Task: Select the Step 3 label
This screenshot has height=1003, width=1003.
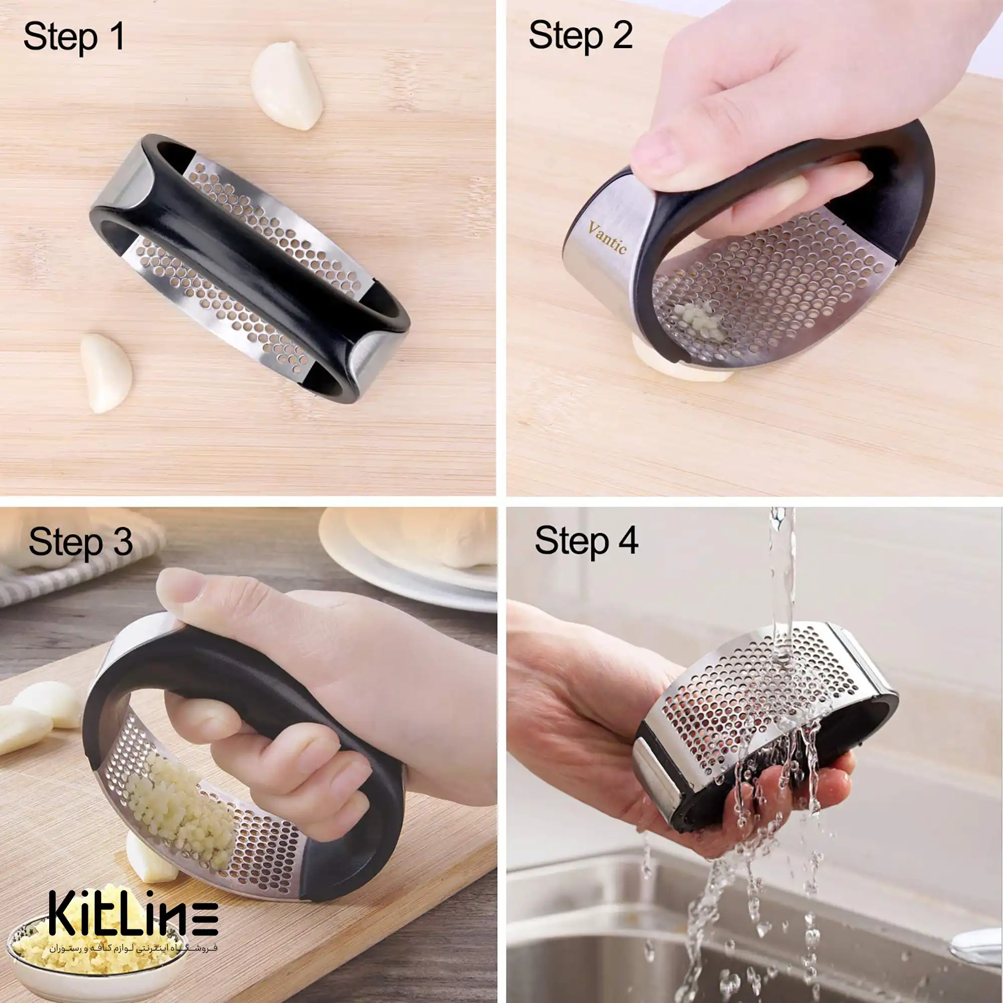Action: (80, 543)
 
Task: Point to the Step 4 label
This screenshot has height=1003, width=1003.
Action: (587, 541)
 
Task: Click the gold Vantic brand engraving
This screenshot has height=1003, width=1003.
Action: (607, 238)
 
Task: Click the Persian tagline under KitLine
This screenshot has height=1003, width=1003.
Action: (133, 947)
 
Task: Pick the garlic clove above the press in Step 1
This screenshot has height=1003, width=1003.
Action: (286, 86)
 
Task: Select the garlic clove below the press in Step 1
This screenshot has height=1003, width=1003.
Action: (106, 373)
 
